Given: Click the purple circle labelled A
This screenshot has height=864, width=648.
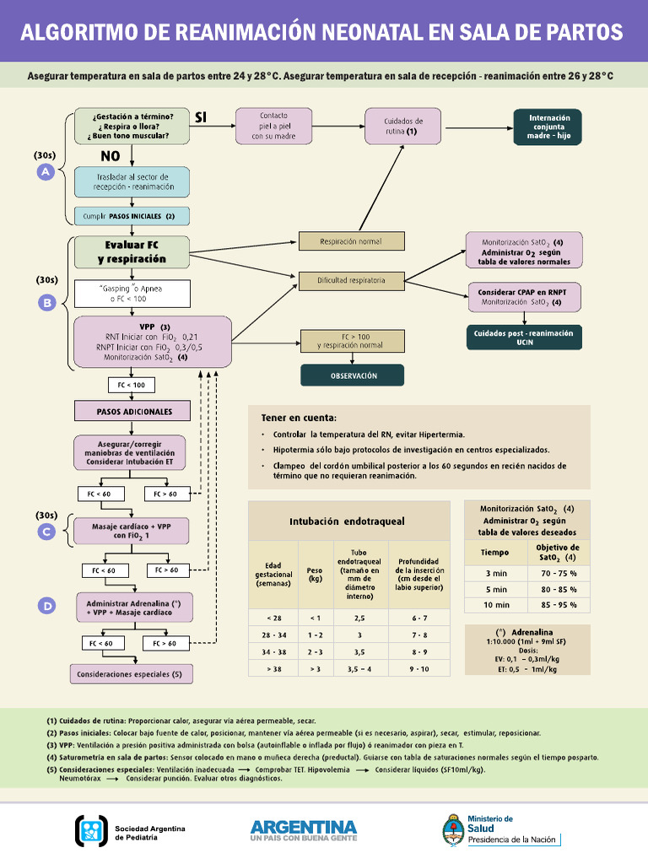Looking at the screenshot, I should [x=46, y=172].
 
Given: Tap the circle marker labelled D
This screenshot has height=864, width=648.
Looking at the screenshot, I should [x=47, y=606].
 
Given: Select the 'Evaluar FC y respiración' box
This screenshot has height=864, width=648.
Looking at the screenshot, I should [x=132, y=251].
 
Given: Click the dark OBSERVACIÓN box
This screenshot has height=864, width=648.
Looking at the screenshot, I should [x=352, y=375].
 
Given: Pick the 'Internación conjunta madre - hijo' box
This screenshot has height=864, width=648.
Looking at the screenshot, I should [x=549, y=127].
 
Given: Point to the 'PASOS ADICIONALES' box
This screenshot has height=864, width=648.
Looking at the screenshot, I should [x=135, y=412].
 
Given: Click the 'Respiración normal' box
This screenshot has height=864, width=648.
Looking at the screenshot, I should [x=351, y=241].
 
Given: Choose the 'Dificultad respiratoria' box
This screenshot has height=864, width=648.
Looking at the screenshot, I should [x=351, y=280].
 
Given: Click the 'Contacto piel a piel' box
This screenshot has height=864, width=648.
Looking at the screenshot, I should [x=274, y=126].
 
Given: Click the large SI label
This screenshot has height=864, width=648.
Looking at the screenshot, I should [x=201, y=117].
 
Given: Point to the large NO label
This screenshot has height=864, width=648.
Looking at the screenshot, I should [x=111, y=156].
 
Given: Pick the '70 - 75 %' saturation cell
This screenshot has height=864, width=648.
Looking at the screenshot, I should [x=559, y=573].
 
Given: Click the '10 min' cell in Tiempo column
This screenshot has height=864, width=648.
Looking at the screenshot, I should [x=495, y=605].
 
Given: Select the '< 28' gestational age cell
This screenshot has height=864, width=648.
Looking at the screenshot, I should [x=273, y=618].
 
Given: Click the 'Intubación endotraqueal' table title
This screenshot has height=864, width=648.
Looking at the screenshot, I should [x=347, y=521].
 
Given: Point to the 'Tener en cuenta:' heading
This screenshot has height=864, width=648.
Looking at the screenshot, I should [x=299, y=418].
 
